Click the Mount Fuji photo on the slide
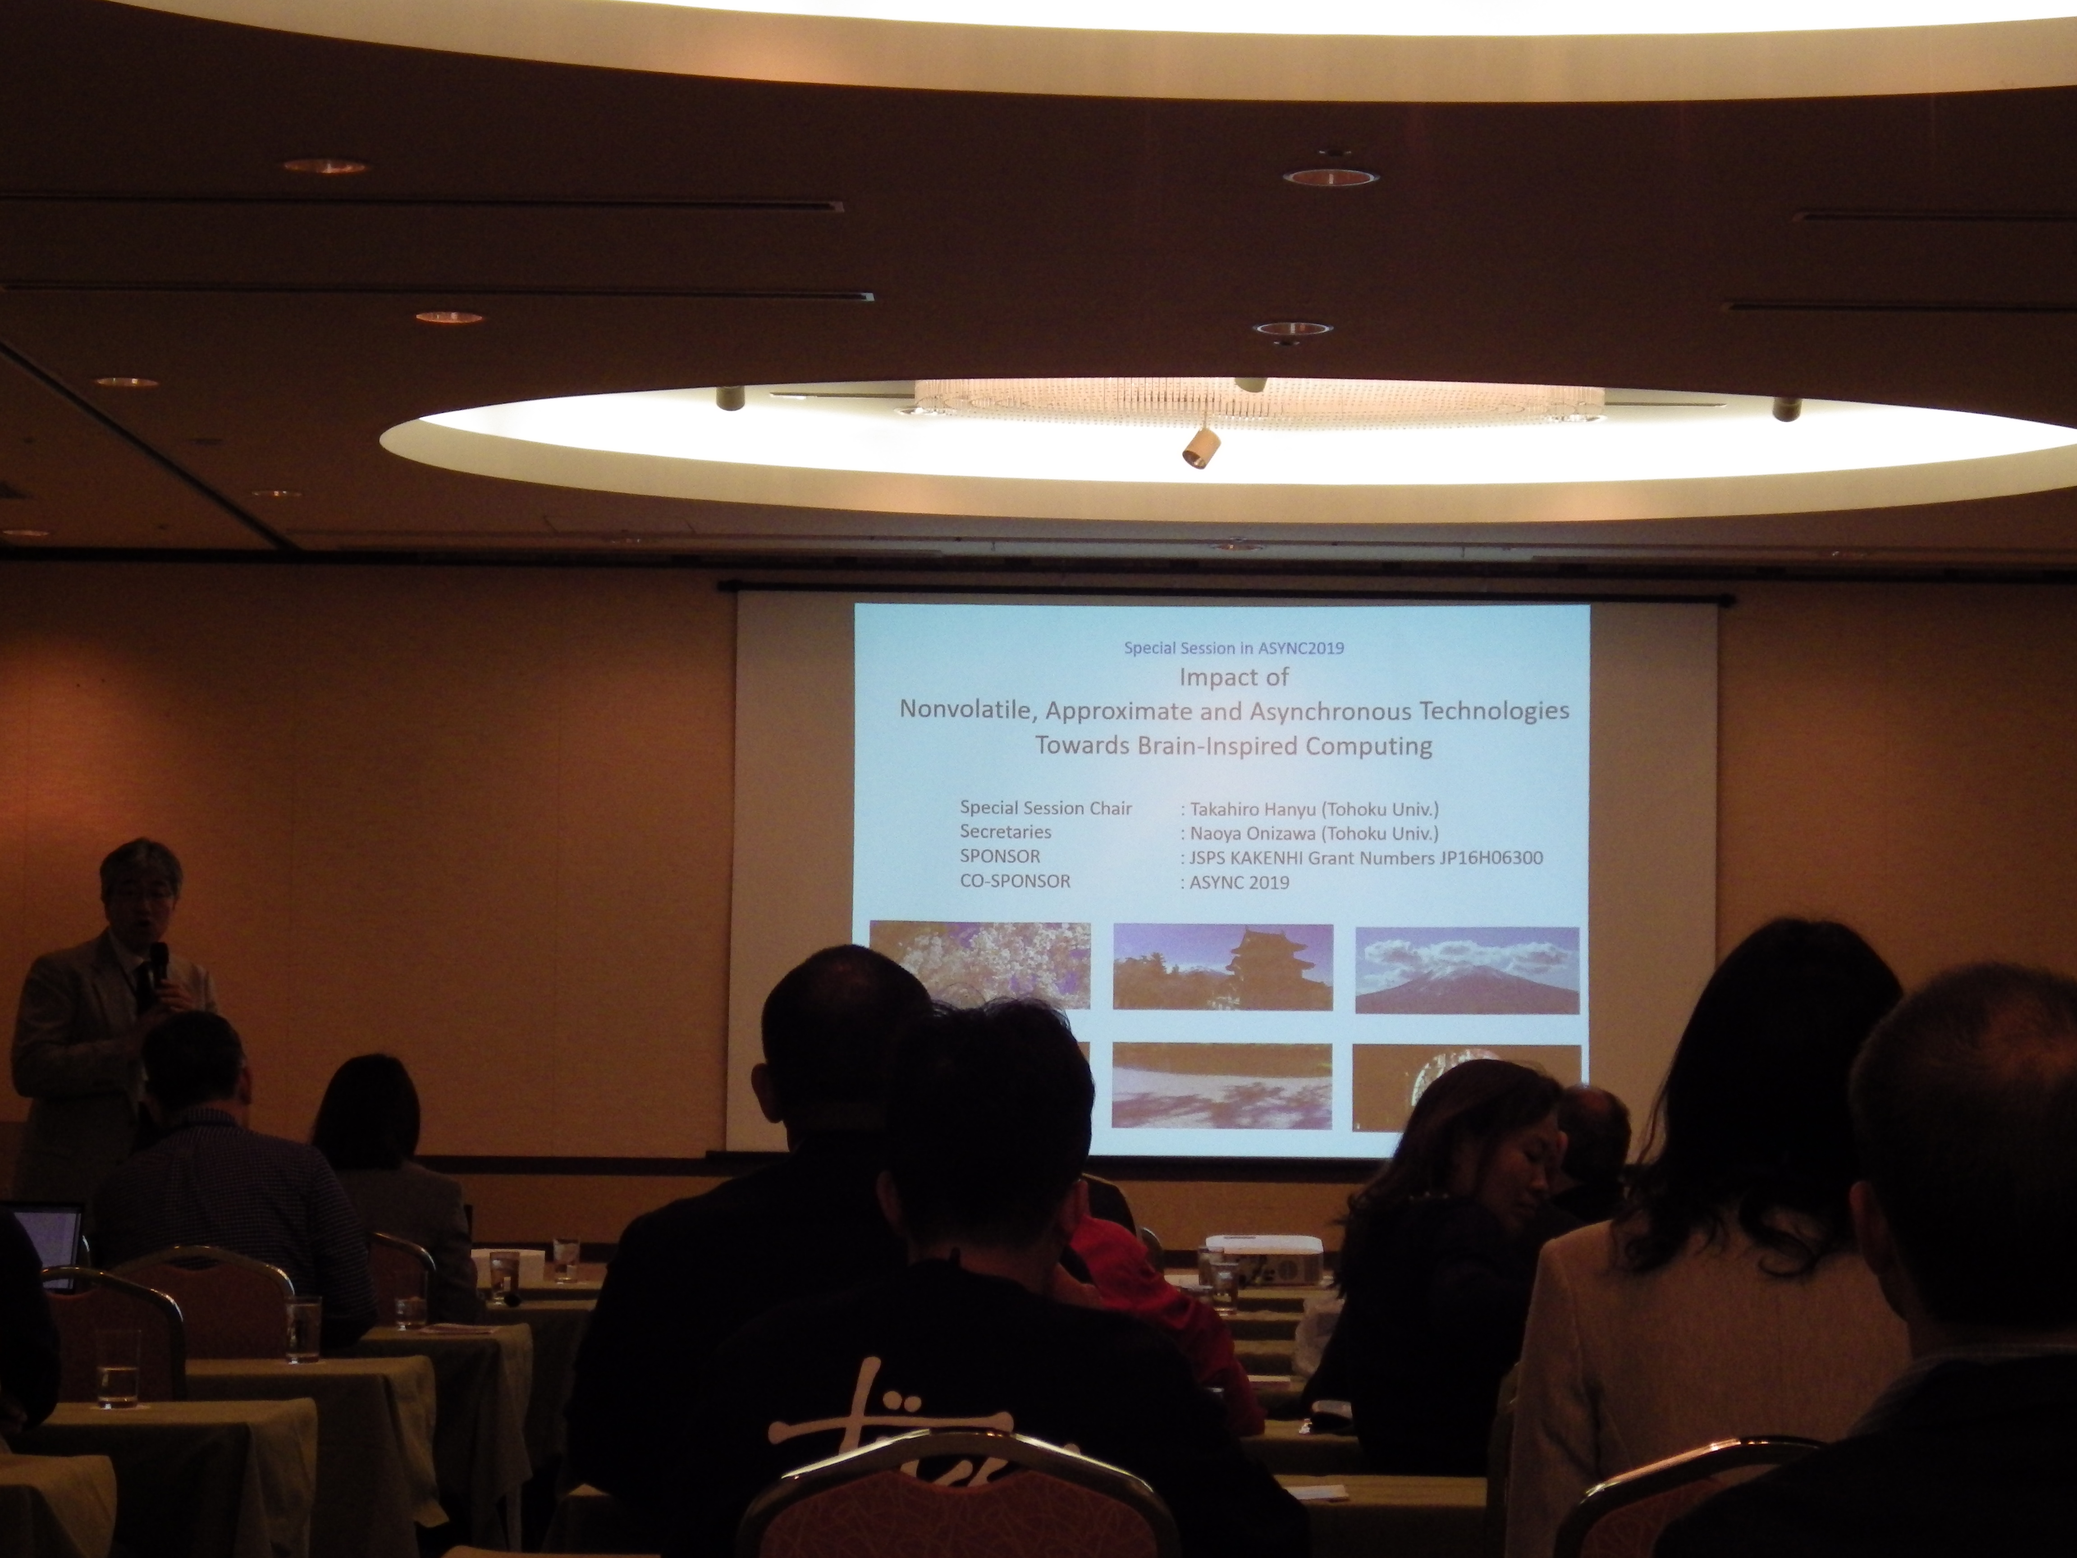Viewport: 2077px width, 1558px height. point(1467,970)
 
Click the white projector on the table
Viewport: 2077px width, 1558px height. point(1264,1258)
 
